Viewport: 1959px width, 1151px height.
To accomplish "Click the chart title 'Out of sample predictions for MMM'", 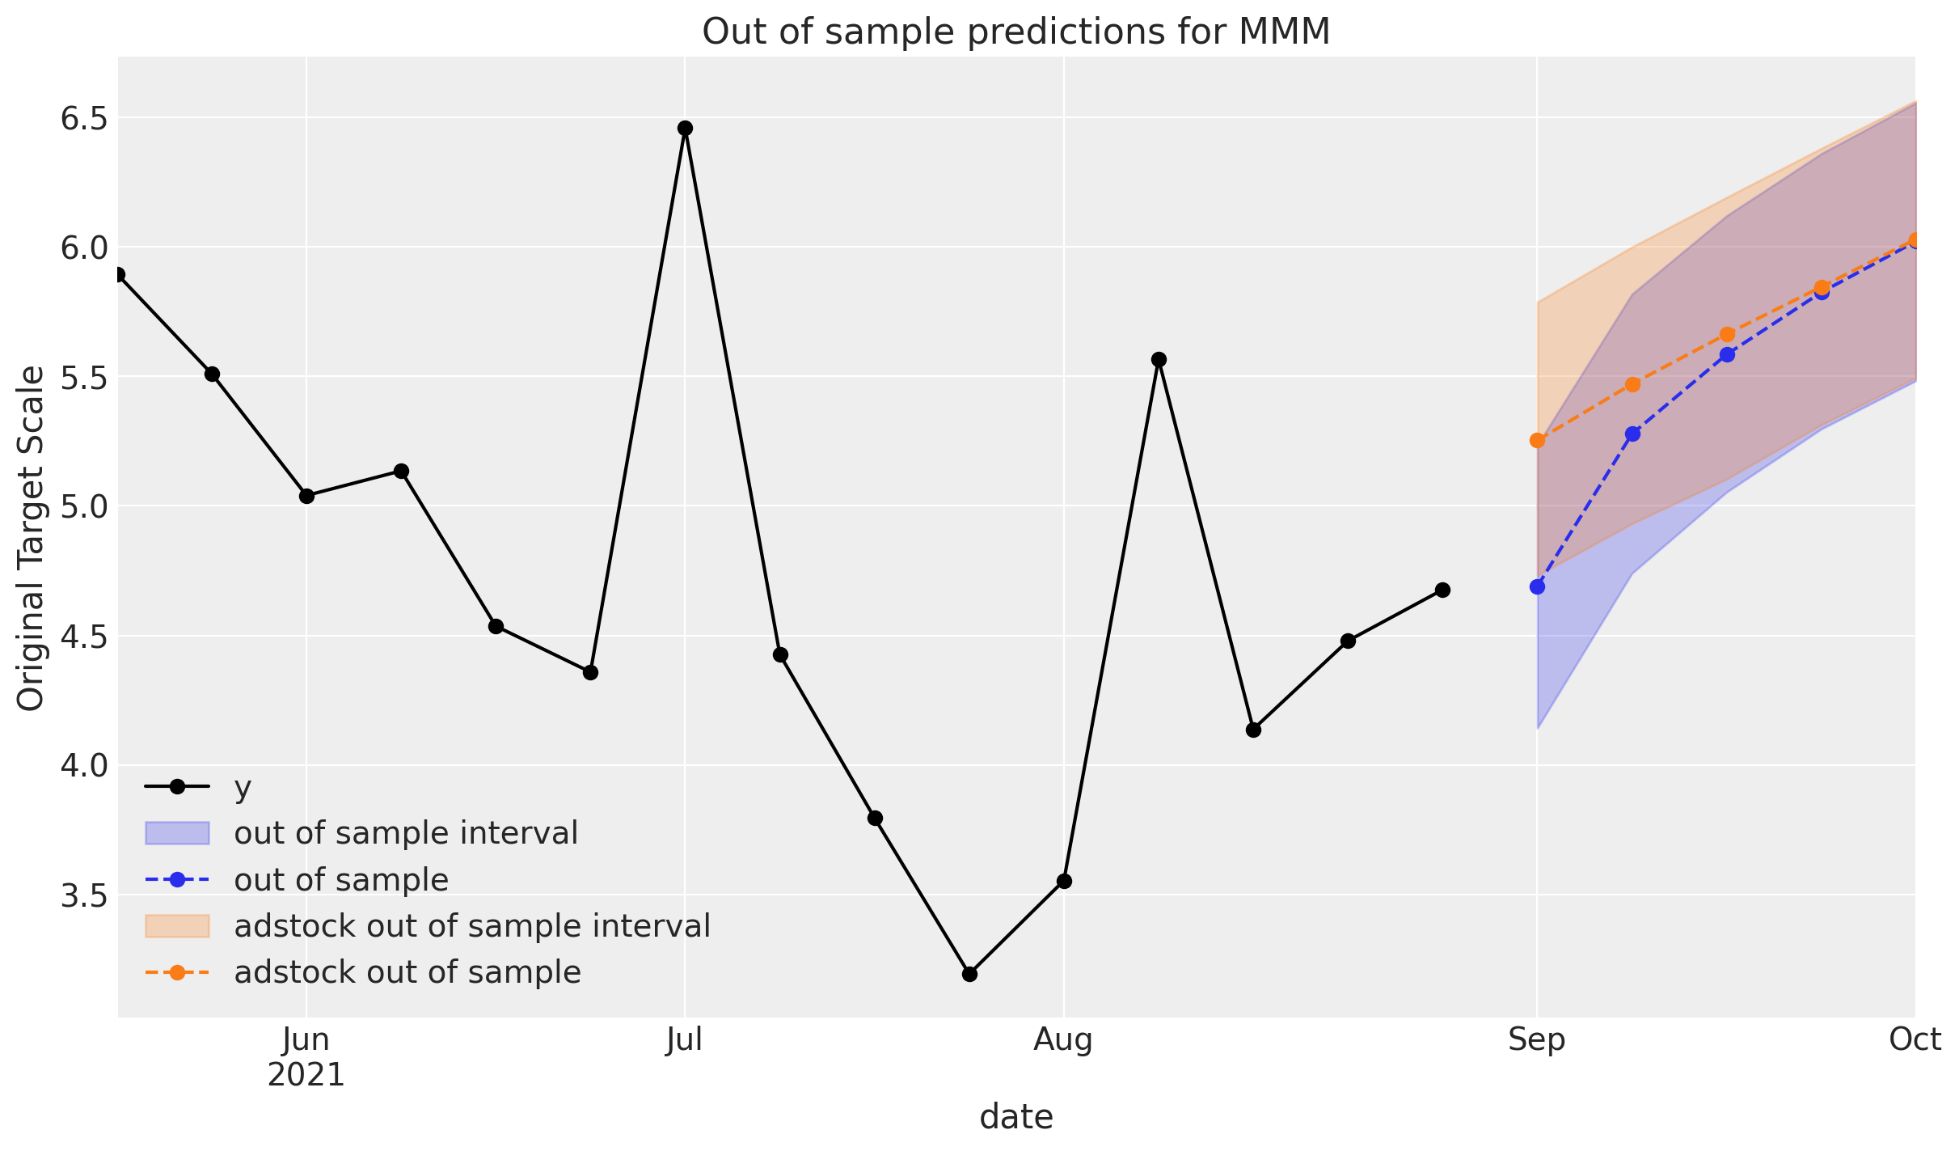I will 1015,32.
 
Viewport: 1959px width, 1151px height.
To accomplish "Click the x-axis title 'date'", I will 1016,1117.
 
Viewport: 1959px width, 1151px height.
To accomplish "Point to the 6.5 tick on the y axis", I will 84,118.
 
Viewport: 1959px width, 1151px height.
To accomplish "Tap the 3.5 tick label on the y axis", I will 84,895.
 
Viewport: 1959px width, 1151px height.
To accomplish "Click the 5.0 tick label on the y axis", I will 84,507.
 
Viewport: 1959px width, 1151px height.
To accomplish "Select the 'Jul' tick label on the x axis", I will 684,1039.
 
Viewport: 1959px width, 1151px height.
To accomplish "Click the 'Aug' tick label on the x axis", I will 1063,1039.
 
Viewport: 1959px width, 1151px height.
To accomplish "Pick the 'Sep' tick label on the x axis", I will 1536,1039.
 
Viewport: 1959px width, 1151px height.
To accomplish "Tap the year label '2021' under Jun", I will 306,1076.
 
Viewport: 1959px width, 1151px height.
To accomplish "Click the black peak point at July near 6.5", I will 685,128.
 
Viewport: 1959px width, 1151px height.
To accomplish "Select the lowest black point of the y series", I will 969,974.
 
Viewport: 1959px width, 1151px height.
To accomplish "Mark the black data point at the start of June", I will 306,496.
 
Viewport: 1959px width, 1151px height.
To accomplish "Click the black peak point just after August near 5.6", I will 1159,359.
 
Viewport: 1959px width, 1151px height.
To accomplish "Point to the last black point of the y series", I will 1442,590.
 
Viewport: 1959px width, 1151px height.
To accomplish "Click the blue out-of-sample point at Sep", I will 1537,586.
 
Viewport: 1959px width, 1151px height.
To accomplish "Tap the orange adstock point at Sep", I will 1537,440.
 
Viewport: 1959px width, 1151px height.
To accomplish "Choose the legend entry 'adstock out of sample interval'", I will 471,926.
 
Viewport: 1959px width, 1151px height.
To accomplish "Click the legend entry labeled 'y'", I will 243,787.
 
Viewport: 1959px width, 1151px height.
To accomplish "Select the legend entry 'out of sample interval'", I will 406,833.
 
